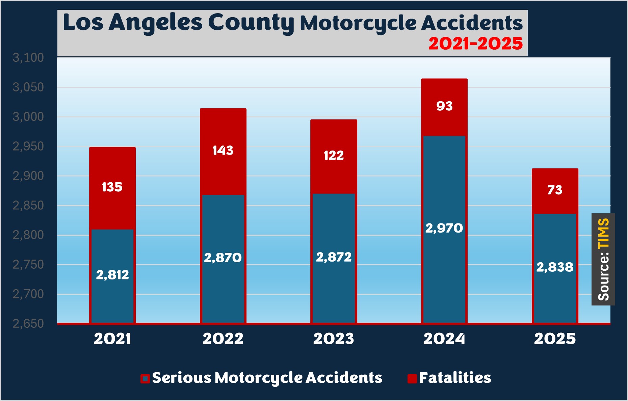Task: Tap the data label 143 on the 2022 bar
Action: pos(223,150)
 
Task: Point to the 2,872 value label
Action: pos(334,257)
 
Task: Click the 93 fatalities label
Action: pos(444,106)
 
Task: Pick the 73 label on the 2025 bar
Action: pos(555,190)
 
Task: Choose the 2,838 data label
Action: pos(555,267)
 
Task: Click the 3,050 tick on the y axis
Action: pos(28,87)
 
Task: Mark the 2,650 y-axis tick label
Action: pos(28,324)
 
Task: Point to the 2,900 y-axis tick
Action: pos(28,176)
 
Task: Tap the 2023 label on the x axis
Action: pos(334,339)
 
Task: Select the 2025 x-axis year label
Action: pos(555,339)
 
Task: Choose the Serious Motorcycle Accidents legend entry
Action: pos(262,378)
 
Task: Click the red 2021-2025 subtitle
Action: pos(475,44)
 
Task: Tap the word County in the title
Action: pos(251,23)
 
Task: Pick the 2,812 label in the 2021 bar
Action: pos(112,275)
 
